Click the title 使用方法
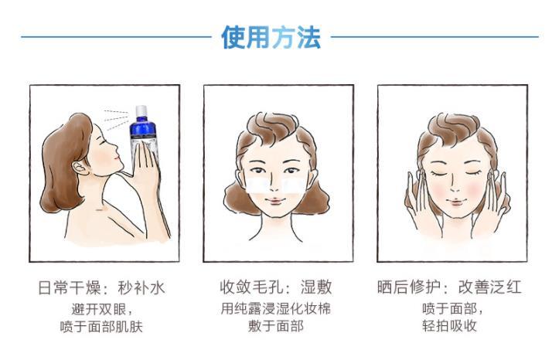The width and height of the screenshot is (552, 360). (x=271, y=37)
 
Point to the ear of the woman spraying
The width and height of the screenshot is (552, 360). (x=81, y=168)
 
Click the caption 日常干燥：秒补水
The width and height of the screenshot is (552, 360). (x=101, y=288)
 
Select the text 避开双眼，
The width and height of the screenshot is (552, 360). (x=103, y=309)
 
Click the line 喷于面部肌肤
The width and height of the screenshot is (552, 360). (x=101, y=327)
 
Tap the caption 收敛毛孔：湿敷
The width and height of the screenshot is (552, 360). (x=276, y=287)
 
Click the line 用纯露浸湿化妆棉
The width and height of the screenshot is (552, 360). (x=276, y=308)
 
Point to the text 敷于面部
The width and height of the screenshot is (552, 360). (x=276, y=326)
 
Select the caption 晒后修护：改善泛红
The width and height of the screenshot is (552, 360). (x=449, y=287)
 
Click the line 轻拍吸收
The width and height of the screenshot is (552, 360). (x=450, y=326)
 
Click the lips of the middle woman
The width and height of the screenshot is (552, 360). (x=275, y=202)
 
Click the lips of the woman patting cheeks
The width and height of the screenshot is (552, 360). (x=456, y=202)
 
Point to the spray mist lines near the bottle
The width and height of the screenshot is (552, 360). (x=116, y=119)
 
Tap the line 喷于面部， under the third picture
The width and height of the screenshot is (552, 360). (x=453, y=308)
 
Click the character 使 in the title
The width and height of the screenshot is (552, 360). (x=233, y=37)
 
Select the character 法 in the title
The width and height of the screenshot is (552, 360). (x=309, y=37)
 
